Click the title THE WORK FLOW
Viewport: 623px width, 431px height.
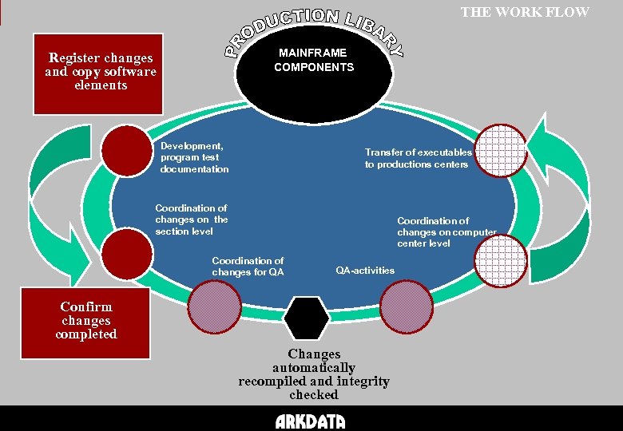[x=525, y=12]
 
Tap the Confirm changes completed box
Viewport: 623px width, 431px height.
[x=85, y=322]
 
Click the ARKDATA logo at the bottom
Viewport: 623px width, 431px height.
[x=310, y=421]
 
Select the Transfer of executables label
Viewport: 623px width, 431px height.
[x=418, y=158]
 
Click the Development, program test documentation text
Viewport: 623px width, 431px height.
[x=193, y=157]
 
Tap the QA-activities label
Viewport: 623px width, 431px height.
[x=364, y=271]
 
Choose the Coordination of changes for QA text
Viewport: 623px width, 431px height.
[x=247, y=267]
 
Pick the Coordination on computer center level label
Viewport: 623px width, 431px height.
[x=446, y=232]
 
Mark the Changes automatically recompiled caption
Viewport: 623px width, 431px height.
[x=313, y=374]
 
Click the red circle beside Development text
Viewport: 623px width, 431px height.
[x=130, y=150]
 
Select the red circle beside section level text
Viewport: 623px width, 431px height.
[x=127, y=251]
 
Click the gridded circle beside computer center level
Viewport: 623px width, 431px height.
[x=502, y=255]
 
